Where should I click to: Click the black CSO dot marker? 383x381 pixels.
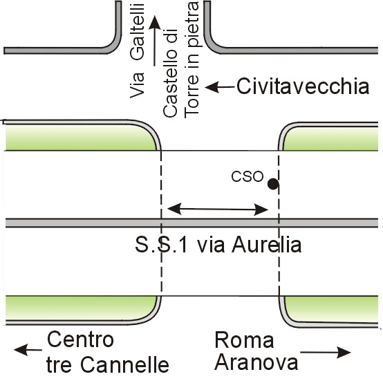pos(273,184)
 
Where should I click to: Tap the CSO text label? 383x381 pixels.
pos(247,176)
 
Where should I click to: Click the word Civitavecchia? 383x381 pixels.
pos(303,86)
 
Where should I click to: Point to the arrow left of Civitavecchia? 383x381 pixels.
pos(220,87)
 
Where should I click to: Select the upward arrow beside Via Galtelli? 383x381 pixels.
pos(154,41)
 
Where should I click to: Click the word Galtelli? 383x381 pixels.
pos(137,32)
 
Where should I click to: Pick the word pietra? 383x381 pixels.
pos(192,24)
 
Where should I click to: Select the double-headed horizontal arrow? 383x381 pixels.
pos(218,209)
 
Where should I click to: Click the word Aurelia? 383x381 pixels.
pos(266,245)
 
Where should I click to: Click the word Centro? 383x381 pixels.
pos(80,340)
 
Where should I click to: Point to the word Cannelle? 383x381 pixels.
pos(124,364)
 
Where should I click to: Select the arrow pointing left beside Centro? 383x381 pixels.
pos(28,350)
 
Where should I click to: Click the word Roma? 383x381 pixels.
pos(244,340)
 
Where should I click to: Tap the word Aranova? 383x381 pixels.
pos(256,362)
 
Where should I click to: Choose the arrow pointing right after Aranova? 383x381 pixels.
pos(326,352)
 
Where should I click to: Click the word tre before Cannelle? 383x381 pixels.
pos(59,364)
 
